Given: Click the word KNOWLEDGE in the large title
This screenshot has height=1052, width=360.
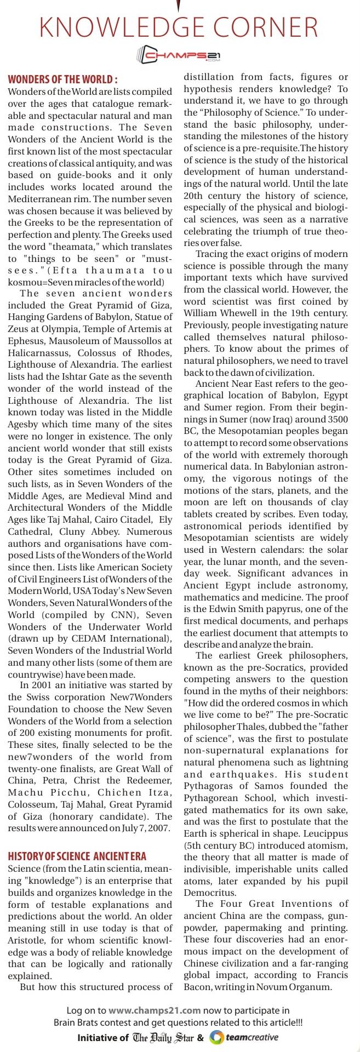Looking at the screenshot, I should pos(110,27).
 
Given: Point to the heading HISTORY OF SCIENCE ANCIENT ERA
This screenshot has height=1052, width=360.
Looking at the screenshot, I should pos(77,856).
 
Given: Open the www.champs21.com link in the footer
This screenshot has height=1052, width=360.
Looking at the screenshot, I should pos(155,1009).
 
